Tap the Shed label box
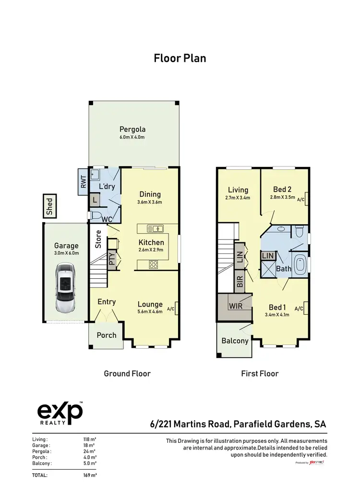tap(50, 205)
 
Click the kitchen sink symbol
tap(156, 228)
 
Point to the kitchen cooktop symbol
tap(154, 263)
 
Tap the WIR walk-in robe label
tap(236, 306)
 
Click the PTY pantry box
tap(111, 260)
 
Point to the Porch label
tap(107, 335)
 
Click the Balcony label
tap(235, 341)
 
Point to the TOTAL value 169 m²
tap(90, 475)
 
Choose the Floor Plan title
tap(180, 59)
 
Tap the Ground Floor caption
tap(127, 373)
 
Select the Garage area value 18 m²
tap(90, 445)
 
